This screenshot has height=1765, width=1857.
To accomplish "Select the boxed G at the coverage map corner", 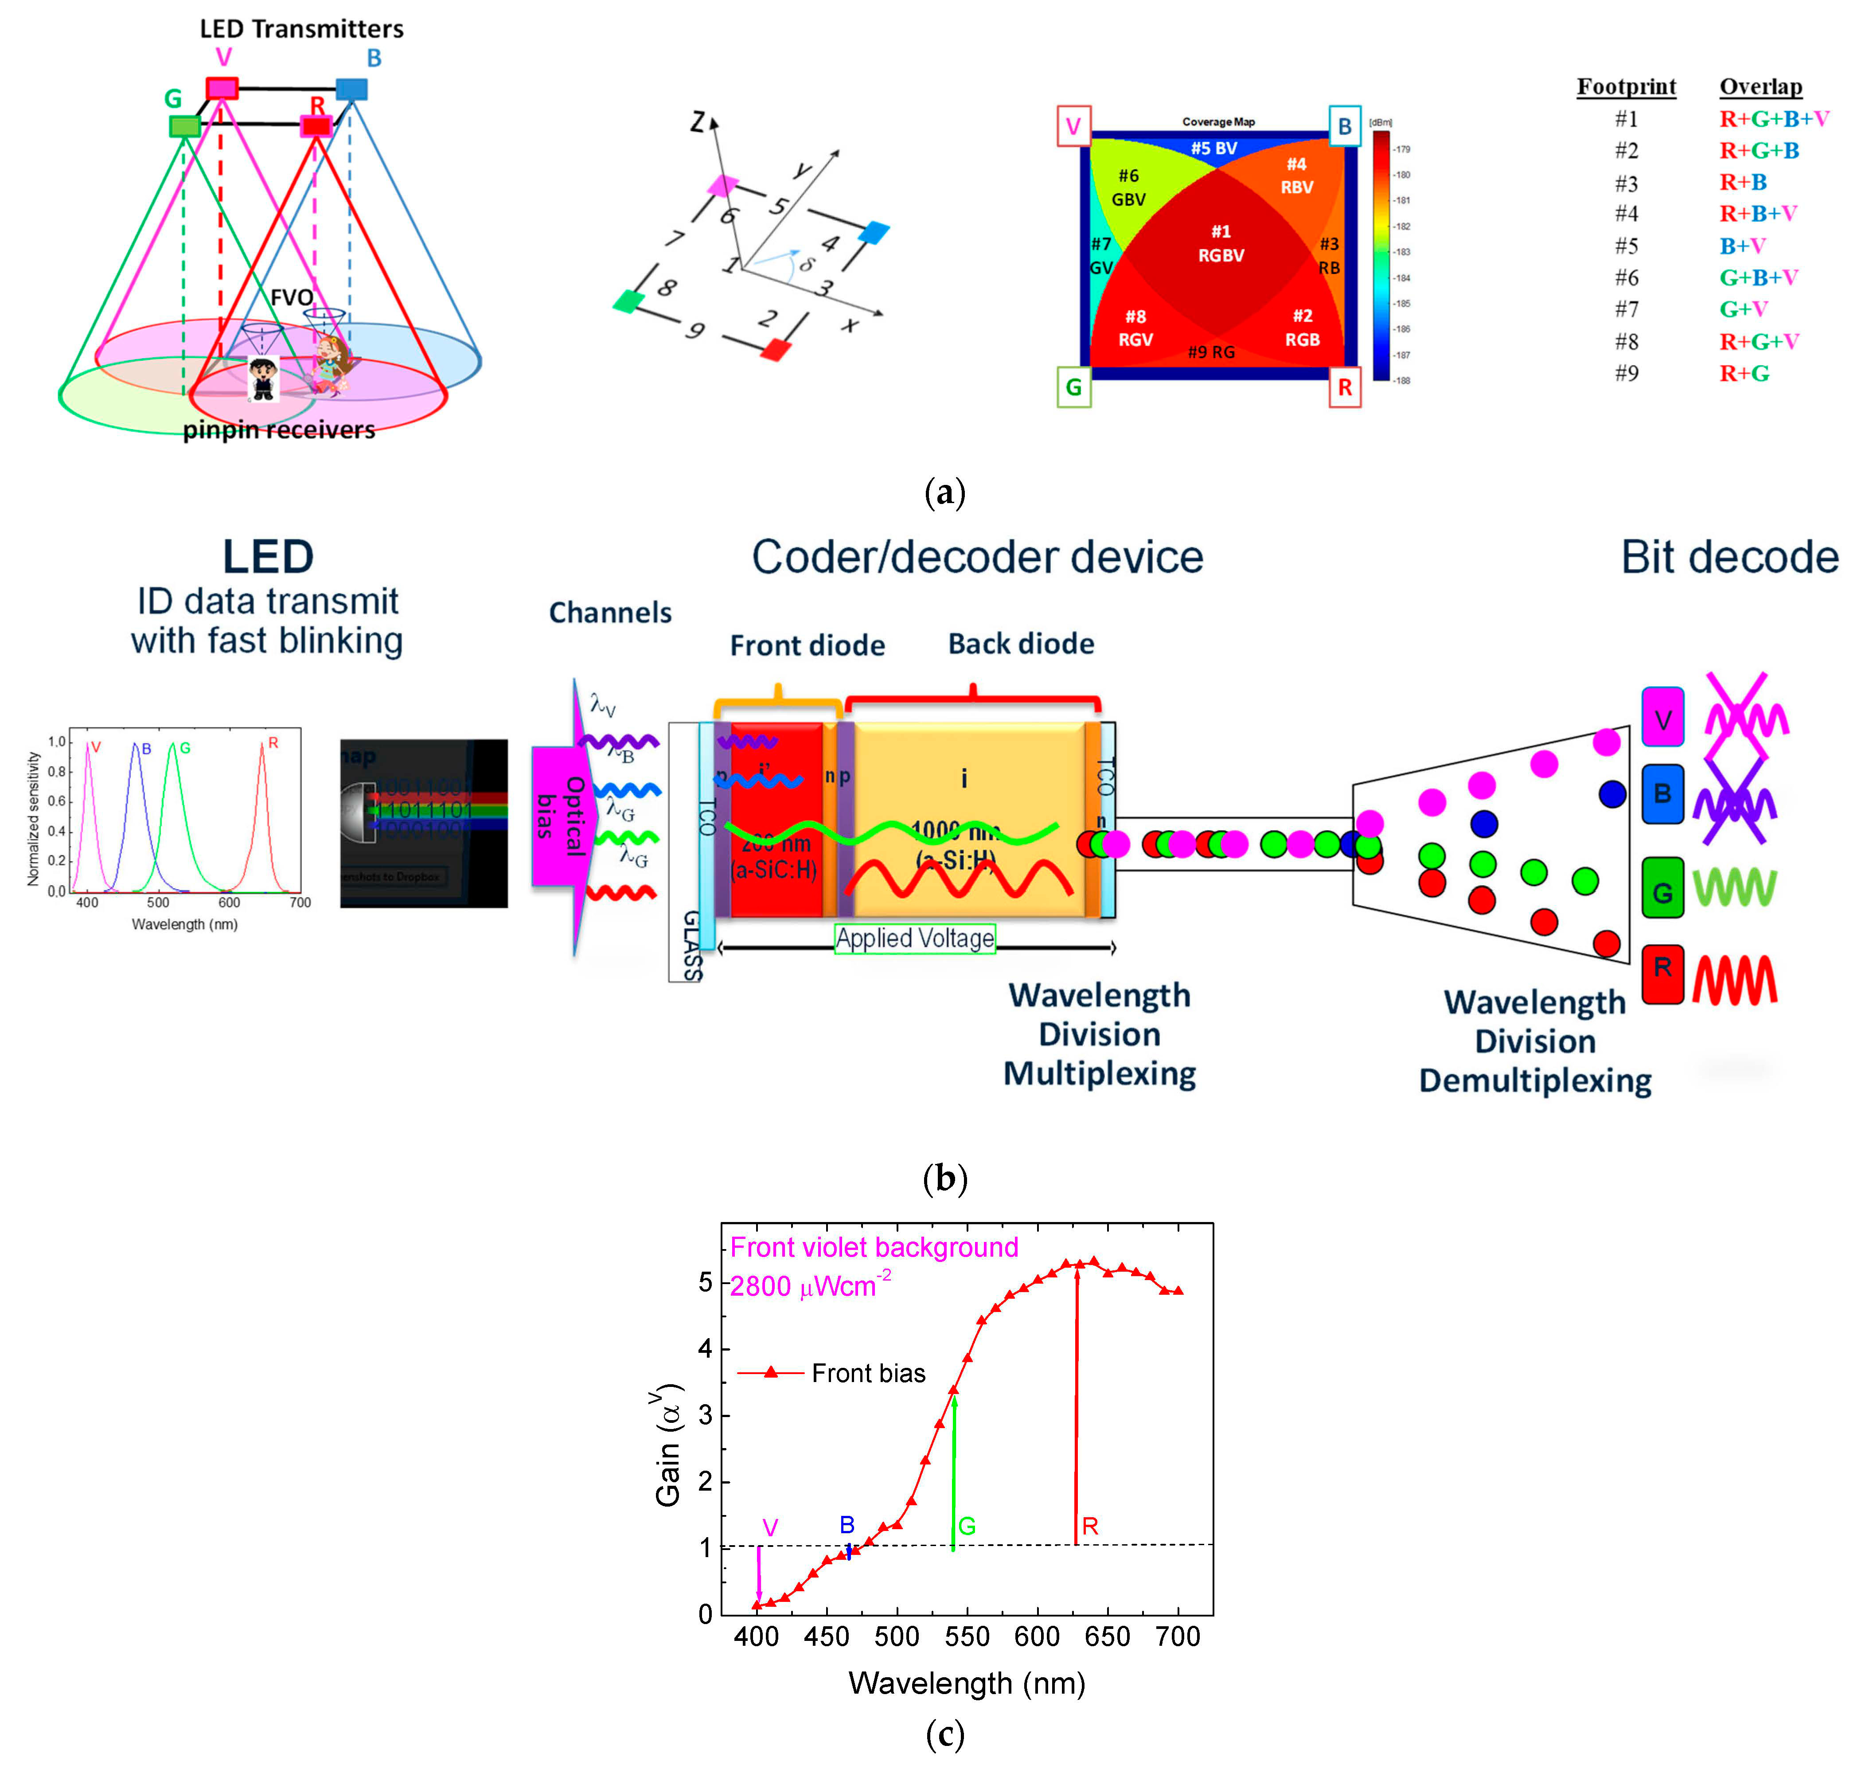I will [x=1073, y=387].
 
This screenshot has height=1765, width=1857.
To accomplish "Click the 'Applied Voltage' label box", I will [x=914, y=938].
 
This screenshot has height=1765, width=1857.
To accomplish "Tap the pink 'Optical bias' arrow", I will [x=562, y=816].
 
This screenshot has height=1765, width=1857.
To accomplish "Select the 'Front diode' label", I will [x=807, y=645].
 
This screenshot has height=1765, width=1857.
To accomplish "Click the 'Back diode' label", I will [x=1021, y=644].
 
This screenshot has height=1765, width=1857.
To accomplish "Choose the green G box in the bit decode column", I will [x=1662, y=887].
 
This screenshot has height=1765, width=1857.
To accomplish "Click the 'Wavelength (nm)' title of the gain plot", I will [x=966, y=1683].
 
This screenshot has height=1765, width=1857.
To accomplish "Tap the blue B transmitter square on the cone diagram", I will [x=351, y=90].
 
